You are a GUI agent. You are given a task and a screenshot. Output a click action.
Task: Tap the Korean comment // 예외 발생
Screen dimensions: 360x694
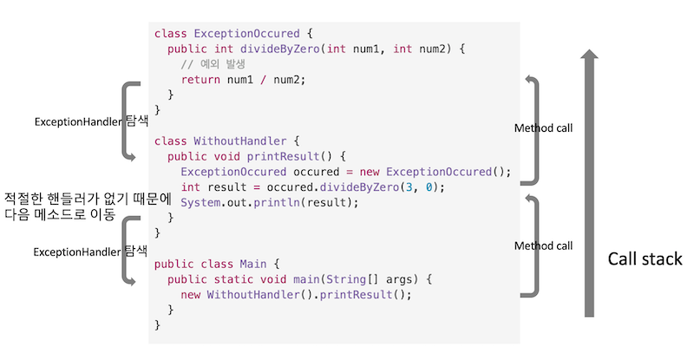[x=218, y=64]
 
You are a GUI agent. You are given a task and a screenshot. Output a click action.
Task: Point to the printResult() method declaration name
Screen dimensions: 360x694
[x=282, y=156]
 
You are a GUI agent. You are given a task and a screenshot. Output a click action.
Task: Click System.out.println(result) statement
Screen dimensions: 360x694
[x=268, y=203]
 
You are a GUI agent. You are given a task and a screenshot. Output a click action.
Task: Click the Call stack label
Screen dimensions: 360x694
[x=645, y=259]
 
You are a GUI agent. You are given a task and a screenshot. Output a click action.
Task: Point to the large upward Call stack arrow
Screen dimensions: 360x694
[x=590, y=182]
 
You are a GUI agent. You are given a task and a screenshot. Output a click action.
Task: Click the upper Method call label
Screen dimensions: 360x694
[x=543, y=128]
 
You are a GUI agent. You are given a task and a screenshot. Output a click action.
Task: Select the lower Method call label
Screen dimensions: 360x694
[x=543, y=246]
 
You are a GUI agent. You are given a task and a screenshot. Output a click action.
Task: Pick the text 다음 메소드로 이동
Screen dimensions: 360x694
[x=60, y=213]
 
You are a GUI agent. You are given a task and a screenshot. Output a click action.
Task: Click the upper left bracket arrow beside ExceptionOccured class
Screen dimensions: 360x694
[x=130, y=121]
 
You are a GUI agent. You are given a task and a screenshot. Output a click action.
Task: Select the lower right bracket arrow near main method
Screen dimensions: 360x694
[x=532, y=246]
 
